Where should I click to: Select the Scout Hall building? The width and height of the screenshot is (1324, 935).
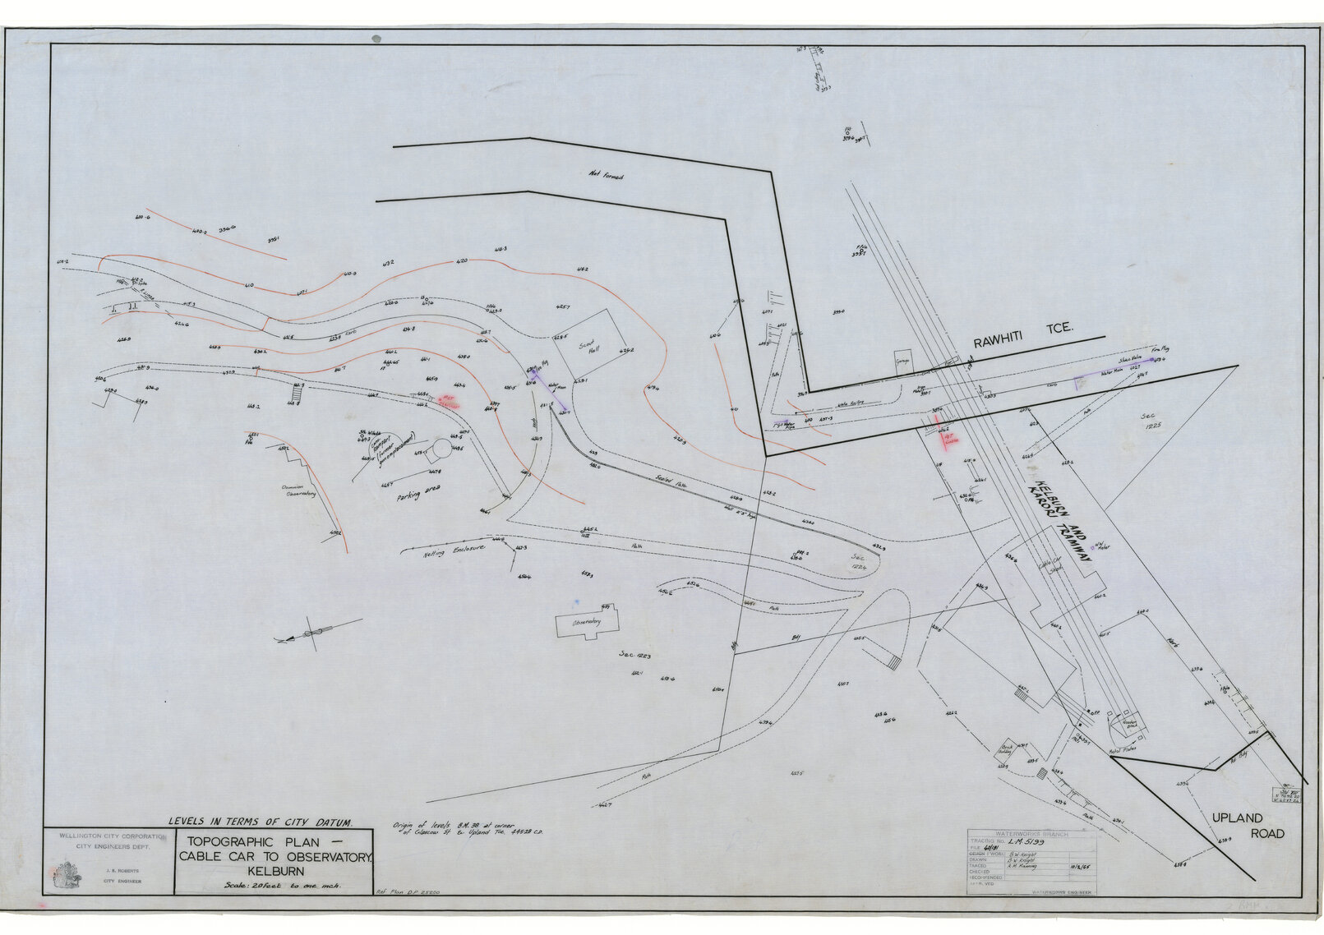click(586, 344)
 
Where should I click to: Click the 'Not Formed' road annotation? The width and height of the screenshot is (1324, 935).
click(606, 175)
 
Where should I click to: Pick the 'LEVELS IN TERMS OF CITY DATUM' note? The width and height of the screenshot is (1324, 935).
click(260, 821)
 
